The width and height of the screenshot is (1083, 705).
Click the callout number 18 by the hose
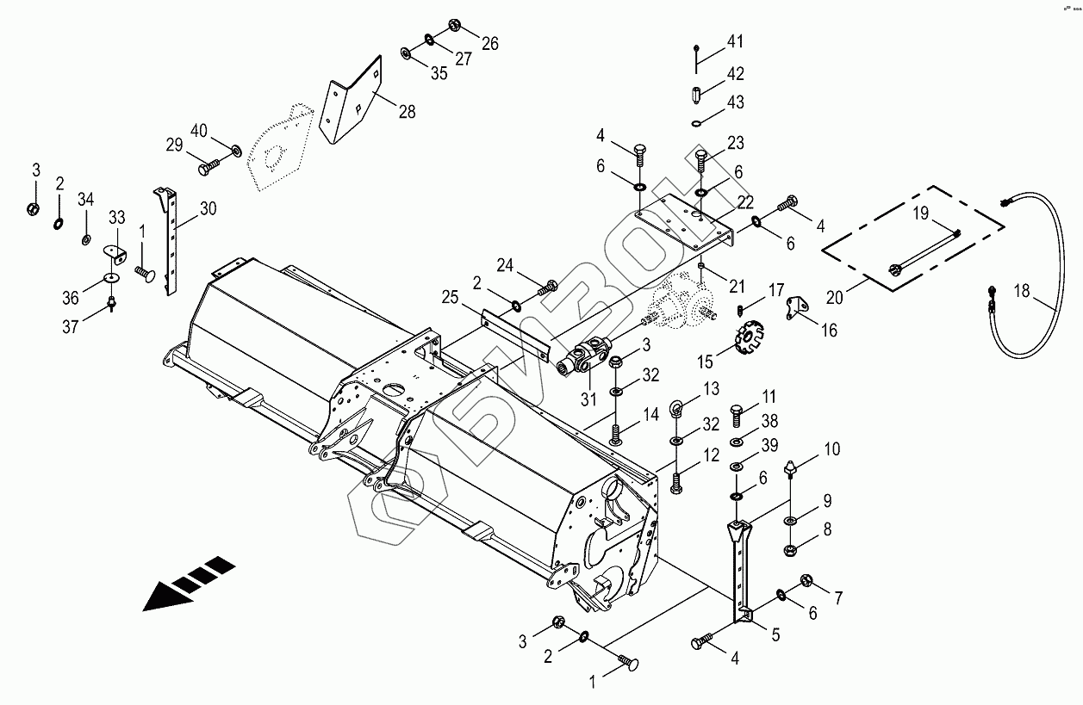coord(1022,291)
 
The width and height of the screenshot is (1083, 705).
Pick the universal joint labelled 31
coord(586,358)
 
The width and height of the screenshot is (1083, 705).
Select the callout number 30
coord(208,208)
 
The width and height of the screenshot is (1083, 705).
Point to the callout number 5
coord(775,634)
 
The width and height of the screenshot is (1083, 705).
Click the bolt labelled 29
coord(209,169)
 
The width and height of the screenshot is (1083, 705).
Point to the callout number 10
coord(831,448)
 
